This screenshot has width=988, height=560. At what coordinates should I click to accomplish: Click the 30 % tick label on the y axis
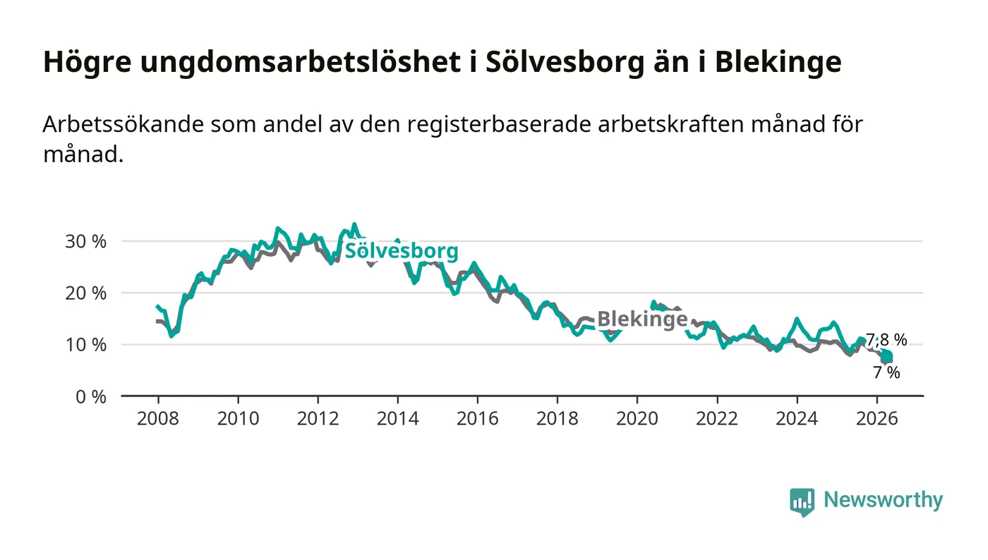pyautogui.click(x=85, y=242)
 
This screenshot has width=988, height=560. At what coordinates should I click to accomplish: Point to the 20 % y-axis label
pyautogui.click(x=85, y=293)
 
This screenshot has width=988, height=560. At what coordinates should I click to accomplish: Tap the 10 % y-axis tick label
pyautogui.click(x=85, y=345)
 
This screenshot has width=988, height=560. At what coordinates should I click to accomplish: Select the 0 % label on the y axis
pyautogui.click(x=91, y=397)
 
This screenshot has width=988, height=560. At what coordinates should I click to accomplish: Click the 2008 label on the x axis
pyautogui.click(x=158, y=418)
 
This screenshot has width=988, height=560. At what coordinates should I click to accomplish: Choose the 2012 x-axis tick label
pyautogui.click(x=318, y=418)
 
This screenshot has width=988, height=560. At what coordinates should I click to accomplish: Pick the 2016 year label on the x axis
pyautogui.click(x=477, y=418)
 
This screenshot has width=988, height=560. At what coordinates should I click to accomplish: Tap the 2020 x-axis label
pyautogui.click(x=637, y=418)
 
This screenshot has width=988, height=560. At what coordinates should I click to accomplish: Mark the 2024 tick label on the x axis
pyautogui.click(x=797, y=418)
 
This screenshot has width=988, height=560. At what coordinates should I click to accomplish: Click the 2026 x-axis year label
pyautogui.click(x=876, y=418)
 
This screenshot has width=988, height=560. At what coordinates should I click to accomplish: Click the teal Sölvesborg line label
pyautogui.click(x=402, y=251)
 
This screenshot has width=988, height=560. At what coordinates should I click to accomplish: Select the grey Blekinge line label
pyautogui.click(x=642, y=318)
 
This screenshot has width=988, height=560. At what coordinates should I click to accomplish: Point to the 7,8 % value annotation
pyautogui.click(x=886, y=340)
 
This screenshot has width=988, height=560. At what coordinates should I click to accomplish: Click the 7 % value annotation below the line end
pyautogui.click(x=886, y=373)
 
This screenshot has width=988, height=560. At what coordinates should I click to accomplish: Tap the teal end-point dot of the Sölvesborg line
pyautogui.click(x=886, y=356)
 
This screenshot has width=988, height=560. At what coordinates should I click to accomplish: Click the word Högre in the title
pyautogui.click(x=88, y=62)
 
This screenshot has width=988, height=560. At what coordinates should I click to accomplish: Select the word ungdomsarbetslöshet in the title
pyautogui.click(x=301, y=62)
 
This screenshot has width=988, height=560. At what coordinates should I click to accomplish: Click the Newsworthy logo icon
pyautogui.click(x=802, y=502)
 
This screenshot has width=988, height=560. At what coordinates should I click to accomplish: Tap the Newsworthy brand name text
pyautogui.click(x=884, y=499)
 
